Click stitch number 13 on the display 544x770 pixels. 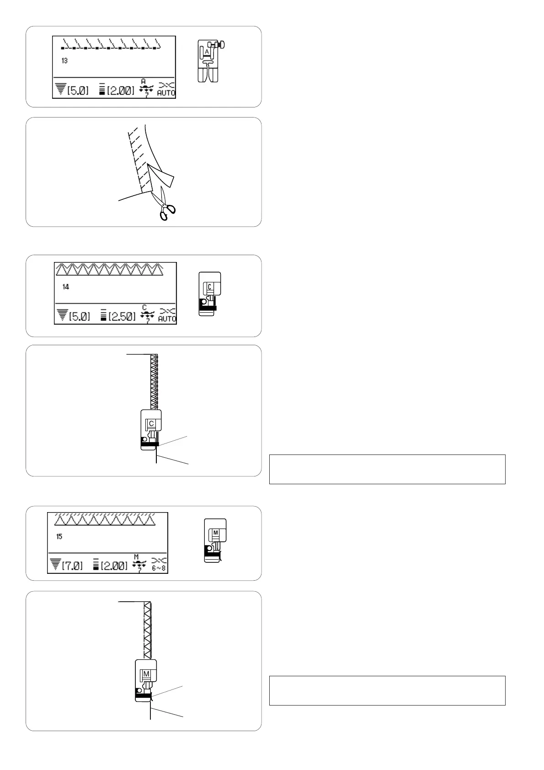tap(64, 60)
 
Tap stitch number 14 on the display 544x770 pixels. tap(66, 287)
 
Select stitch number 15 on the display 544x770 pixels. tap(59, 536)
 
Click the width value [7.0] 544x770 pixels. tap(72, 566)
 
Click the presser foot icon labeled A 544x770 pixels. tap(208, 61)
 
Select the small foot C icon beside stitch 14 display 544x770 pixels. tap(210, 294)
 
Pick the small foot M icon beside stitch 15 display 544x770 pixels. tap(215, 540)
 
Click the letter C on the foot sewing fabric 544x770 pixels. tap(151, 424)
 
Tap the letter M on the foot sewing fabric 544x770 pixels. tap(146, 674)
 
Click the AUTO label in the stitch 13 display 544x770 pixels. tap(166, 93)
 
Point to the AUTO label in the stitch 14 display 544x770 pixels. tap(167, 319)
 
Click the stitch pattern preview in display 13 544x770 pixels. tap(111, 44)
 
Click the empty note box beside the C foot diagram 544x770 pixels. tap(387, 469)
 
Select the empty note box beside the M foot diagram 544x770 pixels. tap(387, 690)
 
